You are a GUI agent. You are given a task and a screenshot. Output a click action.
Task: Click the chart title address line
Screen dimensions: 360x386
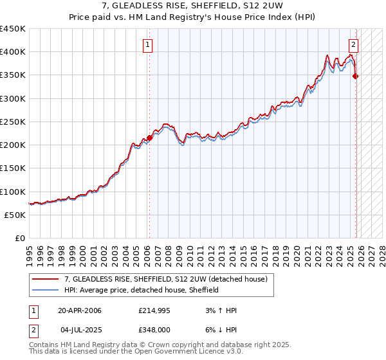coord(194,6)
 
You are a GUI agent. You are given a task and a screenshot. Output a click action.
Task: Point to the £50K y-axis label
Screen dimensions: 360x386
coord(15,215)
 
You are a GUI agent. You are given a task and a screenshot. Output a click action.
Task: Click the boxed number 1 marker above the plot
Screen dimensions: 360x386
coord(149,45)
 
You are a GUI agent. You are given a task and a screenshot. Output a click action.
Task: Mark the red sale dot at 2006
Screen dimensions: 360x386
coord(149,138)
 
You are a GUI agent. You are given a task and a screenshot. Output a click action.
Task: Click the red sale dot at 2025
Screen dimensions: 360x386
coord(356,76)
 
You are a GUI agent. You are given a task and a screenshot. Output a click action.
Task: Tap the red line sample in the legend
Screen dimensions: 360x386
coord(46,279)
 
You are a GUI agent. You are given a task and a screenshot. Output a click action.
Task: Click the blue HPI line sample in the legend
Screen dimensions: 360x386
coord(46,290)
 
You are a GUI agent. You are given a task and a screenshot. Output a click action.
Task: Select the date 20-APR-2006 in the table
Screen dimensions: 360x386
coord(79,310)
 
